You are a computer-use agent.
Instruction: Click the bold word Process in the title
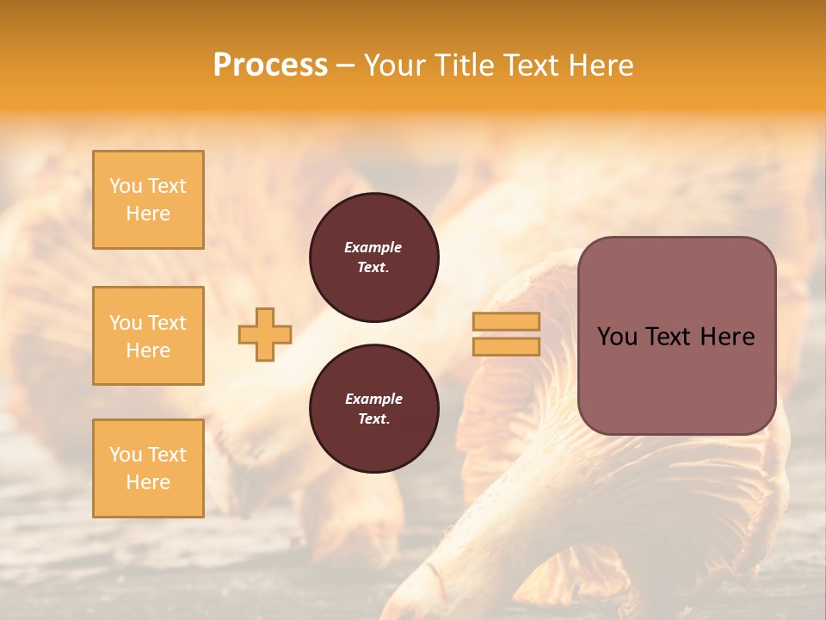point(270,65)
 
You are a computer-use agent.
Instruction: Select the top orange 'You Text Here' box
point(148,200)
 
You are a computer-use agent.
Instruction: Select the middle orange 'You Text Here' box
point(148,336)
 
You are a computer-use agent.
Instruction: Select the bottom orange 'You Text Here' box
point(148,468)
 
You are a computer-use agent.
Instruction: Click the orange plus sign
point(265,334)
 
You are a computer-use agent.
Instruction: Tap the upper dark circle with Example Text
point(373,257)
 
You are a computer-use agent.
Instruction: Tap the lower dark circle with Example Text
point(373,409)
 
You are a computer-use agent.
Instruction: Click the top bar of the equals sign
point(506,322)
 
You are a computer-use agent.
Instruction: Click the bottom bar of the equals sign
point(506,346)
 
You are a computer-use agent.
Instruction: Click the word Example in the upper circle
point(373,248)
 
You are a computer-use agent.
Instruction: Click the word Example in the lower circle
point(373,400)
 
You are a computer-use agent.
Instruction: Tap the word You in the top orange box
point(125,186)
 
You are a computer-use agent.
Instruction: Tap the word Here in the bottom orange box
point(148,482)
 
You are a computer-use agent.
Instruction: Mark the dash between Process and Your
point(346,65)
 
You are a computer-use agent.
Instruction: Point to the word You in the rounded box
point(617,337)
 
